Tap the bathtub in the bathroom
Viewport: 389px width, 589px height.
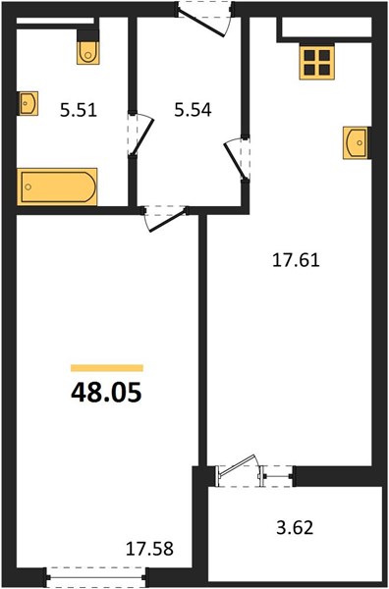pos(57,187)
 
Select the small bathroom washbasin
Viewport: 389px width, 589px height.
pos(28,103)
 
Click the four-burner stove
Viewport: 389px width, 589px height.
pos(317,63)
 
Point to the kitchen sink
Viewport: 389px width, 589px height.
pos(356,142)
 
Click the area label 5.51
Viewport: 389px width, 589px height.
pos(79,110)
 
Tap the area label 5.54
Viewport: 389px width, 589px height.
pos(193,110)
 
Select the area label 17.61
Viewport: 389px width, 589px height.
pos(296,260)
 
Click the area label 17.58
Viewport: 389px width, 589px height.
pos(149,549)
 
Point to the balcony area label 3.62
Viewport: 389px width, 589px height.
pos(295,527)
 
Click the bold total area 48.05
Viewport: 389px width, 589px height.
pos(106,392)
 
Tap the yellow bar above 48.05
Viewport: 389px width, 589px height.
pos(107,368)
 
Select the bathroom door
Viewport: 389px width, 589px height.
pos(140,134)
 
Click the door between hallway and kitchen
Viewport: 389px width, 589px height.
pos(238,159)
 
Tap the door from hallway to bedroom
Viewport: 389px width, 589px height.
pos(165,218)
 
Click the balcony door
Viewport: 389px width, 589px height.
pos(237,470)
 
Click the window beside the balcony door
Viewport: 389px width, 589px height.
pos(278,476)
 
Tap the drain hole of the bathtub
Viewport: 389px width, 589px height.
pos(28,187)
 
